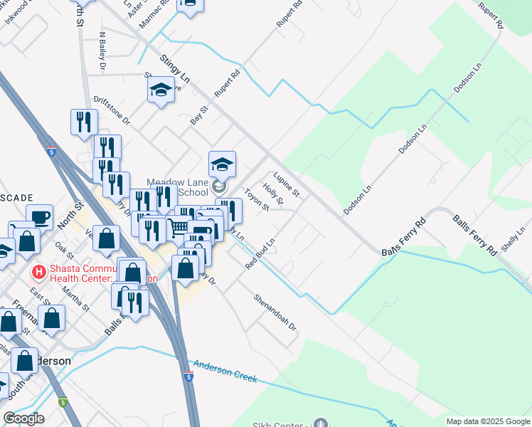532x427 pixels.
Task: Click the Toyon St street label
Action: pyautogui.click(x=256, y=199)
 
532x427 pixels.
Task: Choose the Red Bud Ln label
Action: pyautogui.click(x=260, y=254)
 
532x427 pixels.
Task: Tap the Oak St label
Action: pyautogui.click(x=65, y=251)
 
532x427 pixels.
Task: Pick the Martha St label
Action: pyautogui.click(x=75, y=297)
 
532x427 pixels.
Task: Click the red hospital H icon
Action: pyautogui.click(x=39, y=272)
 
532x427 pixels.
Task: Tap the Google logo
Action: pyautogui.click(x=23, y=418)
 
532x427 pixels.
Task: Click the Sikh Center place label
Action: pyautogui.click(x=279, y=426)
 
